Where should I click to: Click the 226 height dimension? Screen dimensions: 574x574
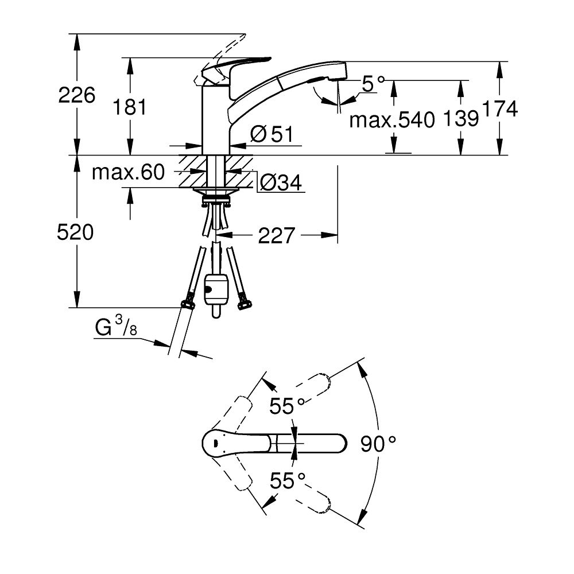(x=76, y=95)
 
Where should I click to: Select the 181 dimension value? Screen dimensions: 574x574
(x=130, y=107)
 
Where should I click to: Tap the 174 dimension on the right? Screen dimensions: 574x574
(x=501, y=108)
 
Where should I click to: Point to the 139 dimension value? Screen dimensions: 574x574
(x=461, y=119)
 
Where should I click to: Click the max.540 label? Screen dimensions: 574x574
(x=390, y=120)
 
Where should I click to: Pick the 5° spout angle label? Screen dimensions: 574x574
(x=373, y=84)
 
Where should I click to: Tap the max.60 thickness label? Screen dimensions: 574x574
(x=128, y=172)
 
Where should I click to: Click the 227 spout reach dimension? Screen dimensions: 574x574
(x=276, y=235)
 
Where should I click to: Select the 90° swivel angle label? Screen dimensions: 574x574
(x=379, y=443)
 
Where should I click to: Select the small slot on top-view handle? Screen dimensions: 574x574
(x=214, y=443)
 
